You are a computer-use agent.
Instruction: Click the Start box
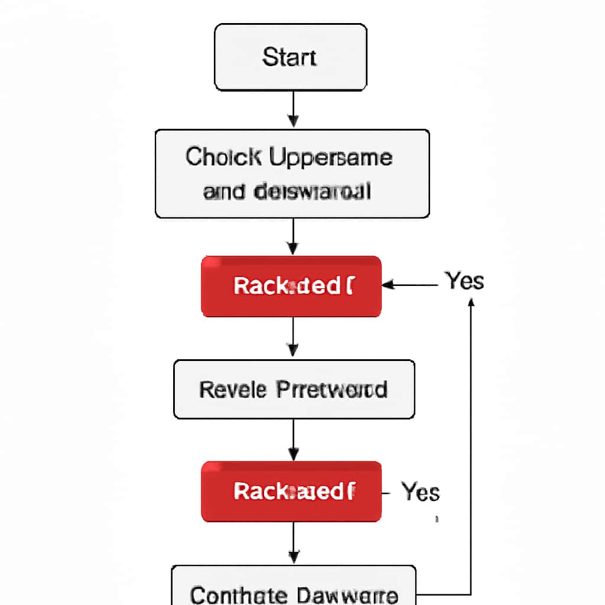tap(290, 57)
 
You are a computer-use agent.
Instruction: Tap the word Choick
tap(224, 157)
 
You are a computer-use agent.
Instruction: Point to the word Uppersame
tap(330, 158)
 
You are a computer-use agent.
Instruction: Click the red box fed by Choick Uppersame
tap(291, 287)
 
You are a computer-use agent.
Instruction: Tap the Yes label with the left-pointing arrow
tap(464, 281)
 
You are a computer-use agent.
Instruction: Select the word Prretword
tap(331, 390)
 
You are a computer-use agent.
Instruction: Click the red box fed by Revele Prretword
tap(291, 492)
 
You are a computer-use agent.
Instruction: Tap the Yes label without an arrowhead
tap(420, 492)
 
